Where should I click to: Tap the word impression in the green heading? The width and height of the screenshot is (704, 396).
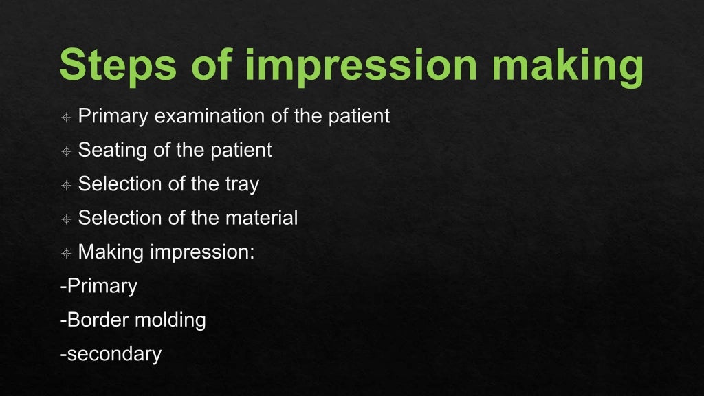click(361, 65)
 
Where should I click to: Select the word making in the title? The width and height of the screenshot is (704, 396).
click(567, 65)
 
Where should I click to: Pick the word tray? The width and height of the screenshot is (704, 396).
click(240, 184)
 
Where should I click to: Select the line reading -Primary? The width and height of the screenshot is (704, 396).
click(99, 286)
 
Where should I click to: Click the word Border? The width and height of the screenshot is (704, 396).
click(96, 320)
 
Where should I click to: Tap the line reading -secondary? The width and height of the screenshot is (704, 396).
click(111, 353)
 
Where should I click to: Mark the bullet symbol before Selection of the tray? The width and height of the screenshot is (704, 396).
click(66, 186)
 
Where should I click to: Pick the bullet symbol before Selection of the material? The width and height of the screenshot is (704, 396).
click(66, 219)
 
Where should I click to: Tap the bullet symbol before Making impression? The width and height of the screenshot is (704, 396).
click(66, 253)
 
